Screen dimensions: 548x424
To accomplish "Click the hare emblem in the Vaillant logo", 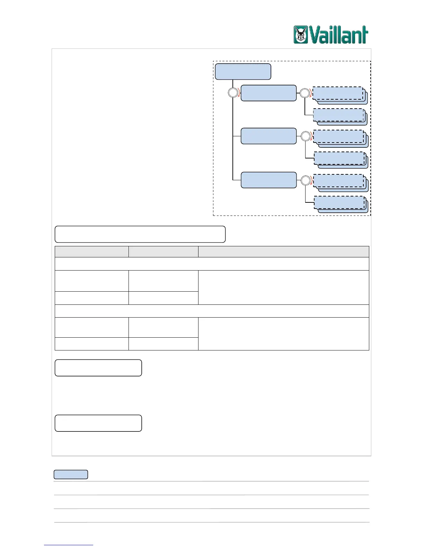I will coord(301,35).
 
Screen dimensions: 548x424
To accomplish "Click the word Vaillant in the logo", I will coord(338,35).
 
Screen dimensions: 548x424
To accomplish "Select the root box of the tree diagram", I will coord(243,72).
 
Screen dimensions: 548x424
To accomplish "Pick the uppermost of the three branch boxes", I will coord(268,93).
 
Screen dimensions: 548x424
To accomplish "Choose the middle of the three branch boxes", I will coord(268,136).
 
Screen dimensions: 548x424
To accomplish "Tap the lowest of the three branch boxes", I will coord(268,180).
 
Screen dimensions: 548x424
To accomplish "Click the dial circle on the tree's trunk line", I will coord(233,93).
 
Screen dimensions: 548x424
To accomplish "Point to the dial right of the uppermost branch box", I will coord(304,93).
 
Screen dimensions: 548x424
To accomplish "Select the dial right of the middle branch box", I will coord(305,136).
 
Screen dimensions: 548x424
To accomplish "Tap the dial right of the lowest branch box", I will coord(305,180).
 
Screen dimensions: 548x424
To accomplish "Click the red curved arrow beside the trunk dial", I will coord(239,93).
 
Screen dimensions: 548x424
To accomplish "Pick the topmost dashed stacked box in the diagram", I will coord(338,93).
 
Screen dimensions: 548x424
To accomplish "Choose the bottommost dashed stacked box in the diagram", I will coord(339,202).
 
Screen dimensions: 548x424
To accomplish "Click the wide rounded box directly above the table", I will coord(140,234).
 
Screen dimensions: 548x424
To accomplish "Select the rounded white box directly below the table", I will coord(98,367).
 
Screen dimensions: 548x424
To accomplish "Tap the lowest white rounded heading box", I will coord(98,423).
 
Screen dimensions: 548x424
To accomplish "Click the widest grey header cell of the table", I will coord(283,252).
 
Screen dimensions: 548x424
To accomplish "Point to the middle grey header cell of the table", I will coord(163,252).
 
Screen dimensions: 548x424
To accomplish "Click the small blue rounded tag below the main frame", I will coord(71,474).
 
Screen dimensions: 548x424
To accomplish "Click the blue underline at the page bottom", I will coord(69,545).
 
